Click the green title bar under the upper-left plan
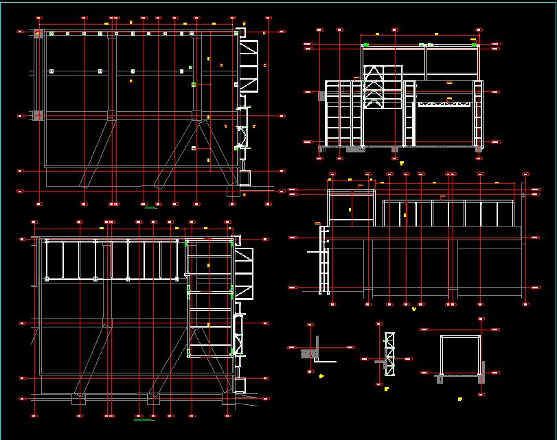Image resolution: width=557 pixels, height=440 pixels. coord(150,207)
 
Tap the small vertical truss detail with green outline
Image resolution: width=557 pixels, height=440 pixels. coord(390,354)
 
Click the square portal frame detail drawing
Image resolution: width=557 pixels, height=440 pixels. coord(459,356)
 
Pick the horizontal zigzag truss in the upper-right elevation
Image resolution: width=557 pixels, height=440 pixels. coord(446,104)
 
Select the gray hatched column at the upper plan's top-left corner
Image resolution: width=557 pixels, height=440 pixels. coord(38,33)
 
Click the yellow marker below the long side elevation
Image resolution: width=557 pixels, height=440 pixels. coord(414,309)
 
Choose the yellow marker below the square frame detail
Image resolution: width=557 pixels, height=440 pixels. coord(459,397)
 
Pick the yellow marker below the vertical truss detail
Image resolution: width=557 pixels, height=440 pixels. coord(380,385)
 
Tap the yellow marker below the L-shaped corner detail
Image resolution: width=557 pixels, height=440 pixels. coord(321,376)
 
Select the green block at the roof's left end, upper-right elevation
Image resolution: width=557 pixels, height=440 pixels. coord(366,45)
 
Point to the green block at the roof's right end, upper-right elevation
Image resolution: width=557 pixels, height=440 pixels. coord(475,45)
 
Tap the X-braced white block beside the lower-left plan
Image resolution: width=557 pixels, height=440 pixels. coord(244,274)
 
